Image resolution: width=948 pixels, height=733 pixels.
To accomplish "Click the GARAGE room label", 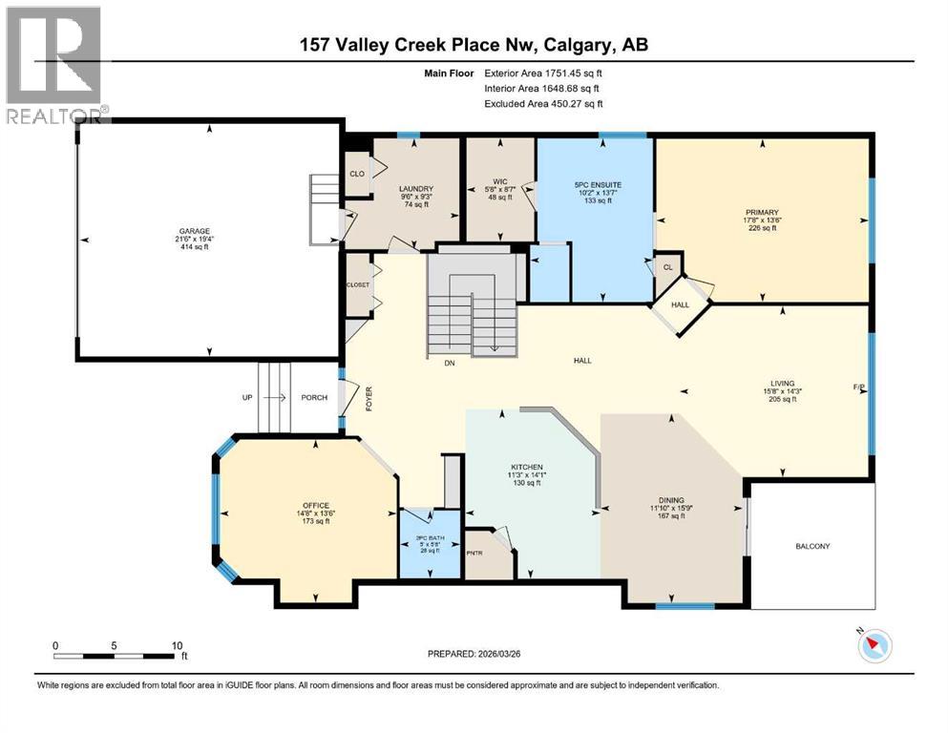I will coord(194,231).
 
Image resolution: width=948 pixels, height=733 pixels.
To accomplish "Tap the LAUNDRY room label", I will coord(416,189).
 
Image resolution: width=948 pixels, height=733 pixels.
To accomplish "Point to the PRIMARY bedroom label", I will coord(763,212).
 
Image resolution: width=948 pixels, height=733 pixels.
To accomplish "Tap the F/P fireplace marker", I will coord(859,387).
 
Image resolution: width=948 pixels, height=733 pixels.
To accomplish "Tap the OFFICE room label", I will coord(315,506).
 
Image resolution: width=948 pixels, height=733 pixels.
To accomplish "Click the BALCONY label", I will coord(811,546).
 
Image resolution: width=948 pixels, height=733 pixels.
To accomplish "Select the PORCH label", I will coord(314,398).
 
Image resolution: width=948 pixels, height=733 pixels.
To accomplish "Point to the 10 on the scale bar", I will coord(176,645).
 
